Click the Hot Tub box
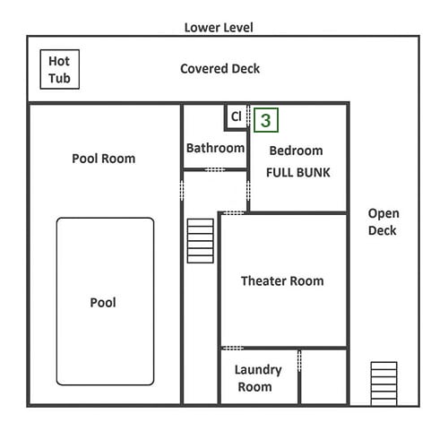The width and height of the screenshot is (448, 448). point(60,69)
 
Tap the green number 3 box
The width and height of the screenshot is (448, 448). point(266,120)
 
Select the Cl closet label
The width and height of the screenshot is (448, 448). point(236,116)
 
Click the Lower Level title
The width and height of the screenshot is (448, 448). point(219,28)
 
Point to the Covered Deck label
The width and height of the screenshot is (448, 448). point(220,69)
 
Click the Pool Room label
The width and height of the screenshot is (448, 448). point(104,159)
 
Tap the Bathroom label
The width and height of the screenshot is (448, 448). point(215,148)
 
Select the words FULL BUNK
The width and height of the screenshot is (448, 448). point(298,173)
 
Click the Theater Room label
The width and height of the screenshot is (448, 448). point(282,281)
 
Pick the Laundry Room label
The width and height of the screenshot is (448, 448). point(258,378)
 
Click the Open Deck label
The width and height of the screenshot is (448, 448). point(383,222)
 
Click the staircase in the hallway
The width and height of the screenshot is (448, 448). point(201,241)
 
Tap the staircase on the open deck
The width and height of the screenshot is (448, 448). point(384,383)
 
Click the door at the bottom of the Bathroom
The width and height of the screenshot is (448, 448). point(215,169)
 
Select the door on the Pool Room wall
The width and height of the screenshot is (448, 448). point(182,191)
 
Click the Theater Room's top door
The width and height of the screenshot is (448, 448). point(234,213)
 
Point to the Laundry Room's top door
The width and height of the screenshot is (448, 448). point(233,348)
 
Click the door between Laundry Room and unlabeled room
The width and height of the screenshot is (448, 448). point(299,361)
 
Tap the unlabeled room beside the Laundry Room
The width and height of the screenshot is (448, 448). point(323,377)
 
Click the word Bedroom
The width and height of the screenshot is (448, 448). point(296,151)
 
